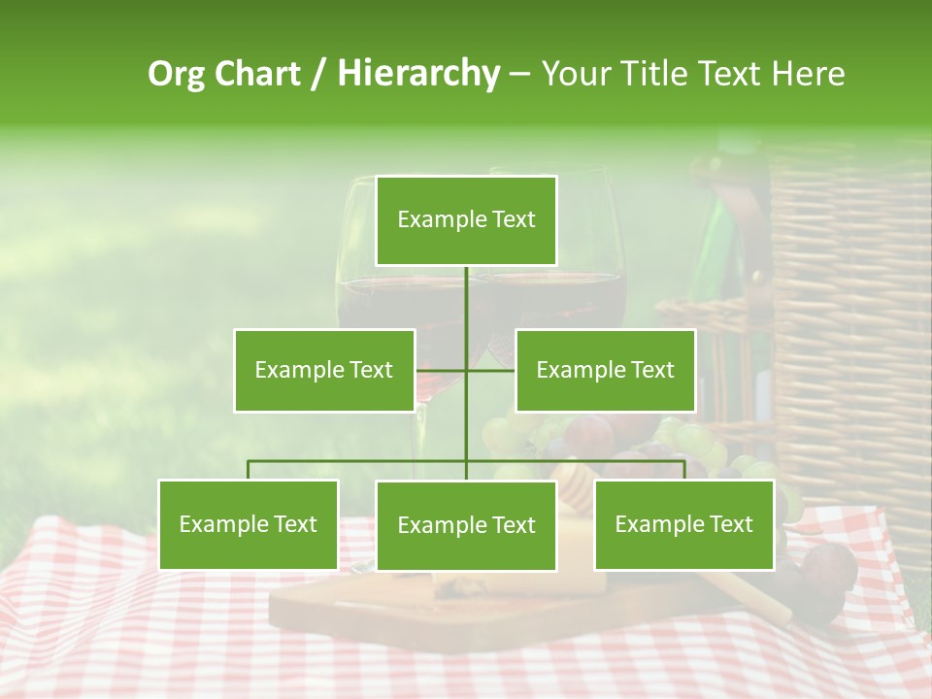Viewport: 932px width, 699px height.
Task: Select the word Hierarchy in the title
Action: point(417,74)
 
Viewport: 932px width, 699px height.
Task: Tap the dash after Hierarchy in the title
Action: point(519,75)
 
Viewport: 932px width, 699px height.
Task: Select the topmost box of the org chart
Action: point(466,220)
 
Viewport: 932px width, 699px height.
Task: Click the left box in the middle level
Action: point(324,370)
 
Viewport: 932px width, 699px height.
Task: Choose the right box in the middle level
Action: point(605,370)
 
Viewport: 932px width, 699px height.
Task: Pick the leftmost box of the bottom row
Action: point(249,525)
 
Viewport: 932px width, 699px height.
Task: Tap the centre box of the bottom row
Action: point(466,525)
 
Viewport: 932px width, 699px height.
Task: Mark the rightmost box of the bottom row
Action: point(684,525)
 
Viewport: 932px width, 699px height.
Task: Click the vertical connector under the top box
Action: point(466,301)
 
